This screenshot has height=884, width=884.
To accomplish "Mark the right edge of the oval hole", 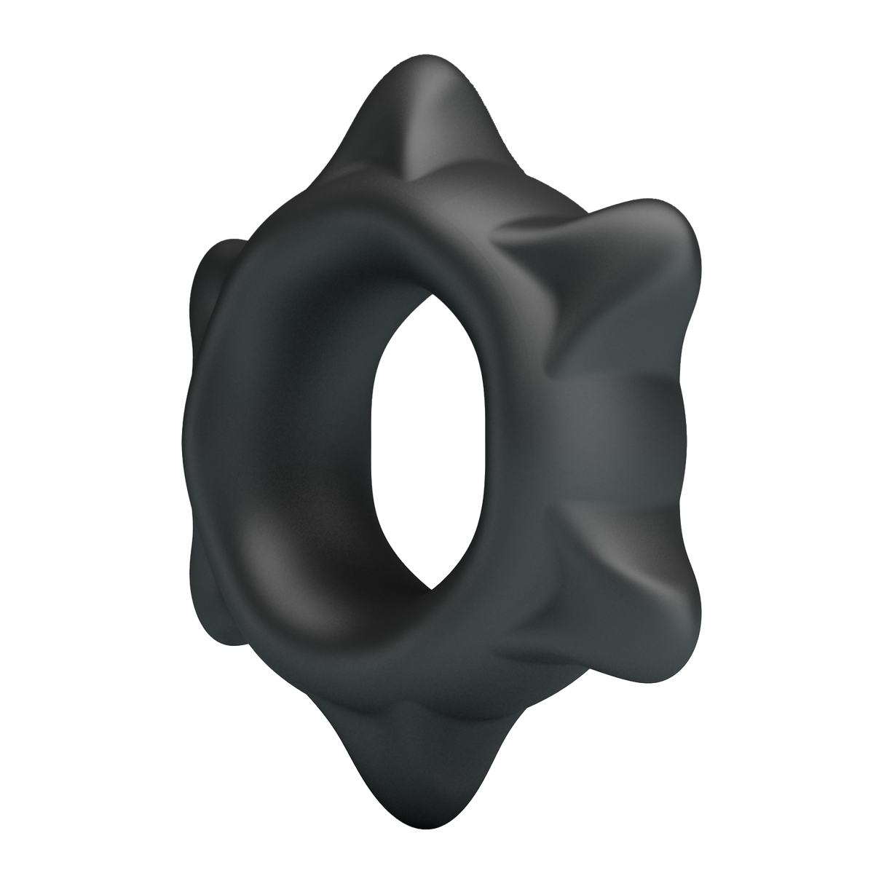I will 502,437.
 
